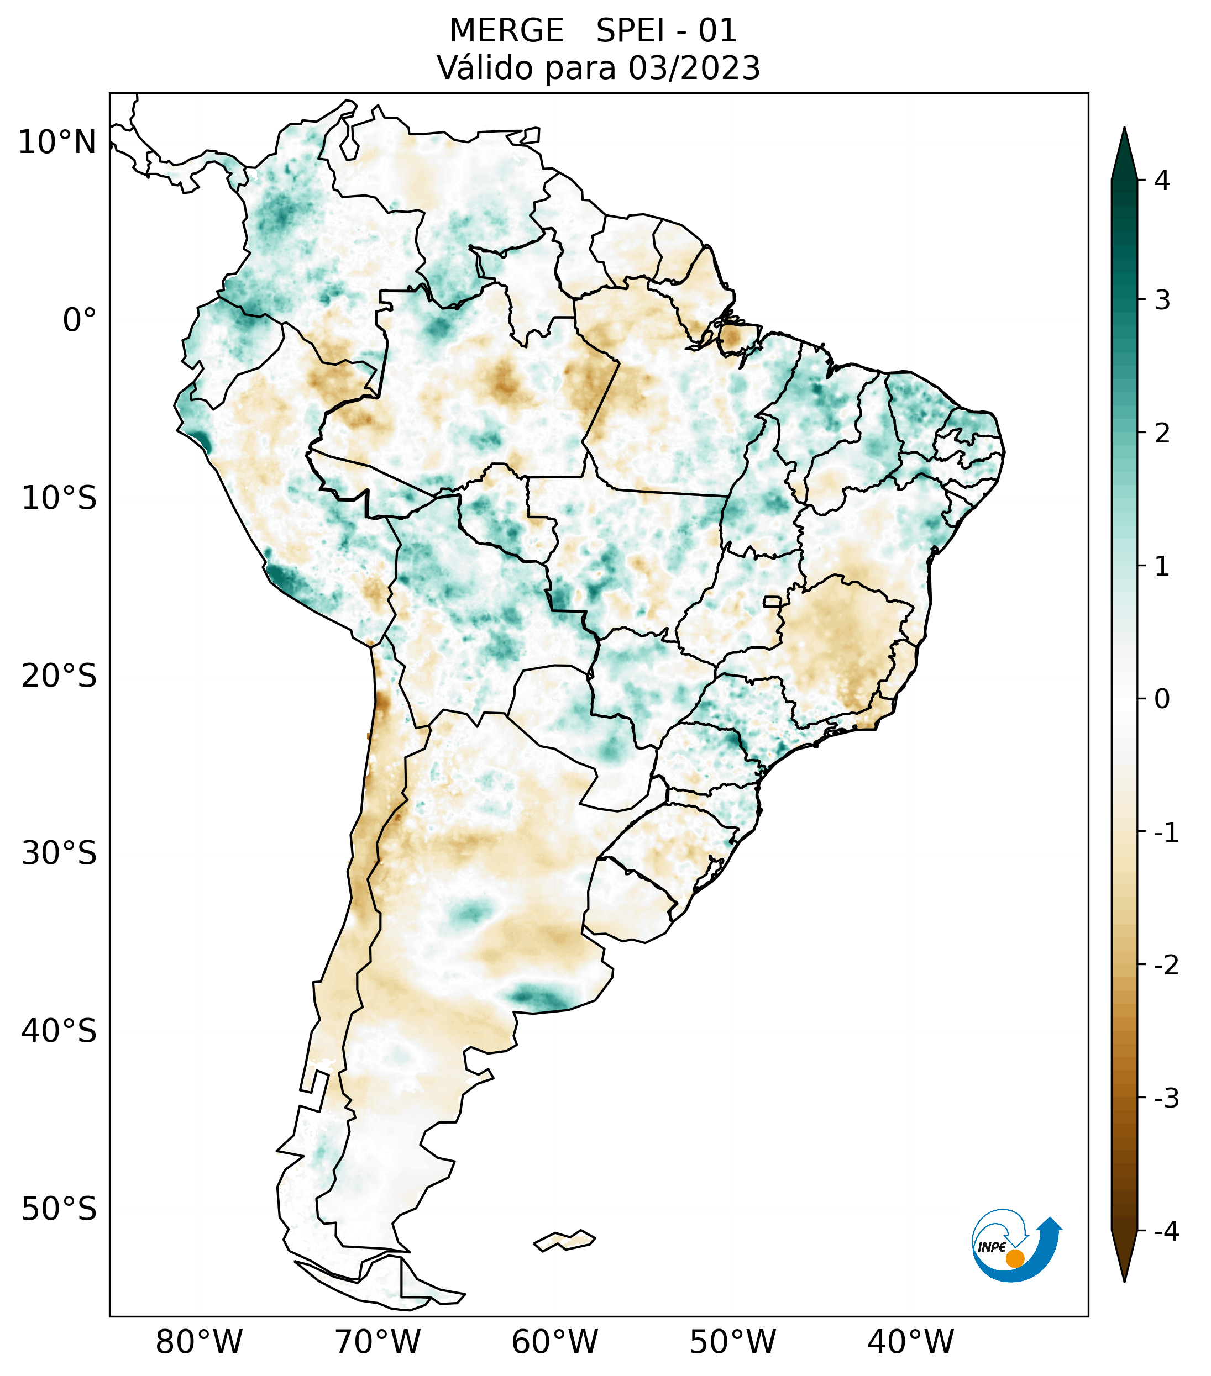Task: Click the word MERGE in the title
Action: tap(506, 31)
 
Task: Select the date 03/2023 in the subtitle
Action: tap(694, 68)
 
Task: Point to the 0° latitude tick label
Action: tap(80, 320)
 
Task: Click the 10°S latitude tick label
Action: tap(59, 499)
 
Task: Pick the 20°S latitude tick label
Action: tap(59, 676)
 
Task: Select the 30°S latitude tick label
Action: tap(59, 853)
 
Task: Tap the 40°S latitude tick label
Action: tap(59, 1031)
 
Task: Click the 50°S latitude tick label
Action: tap(59, 1210)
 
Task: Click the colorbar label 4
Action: tap(1162, 181)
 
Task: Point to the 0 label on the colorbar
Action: tap(1162, 699)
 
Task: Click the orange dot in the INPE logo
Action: tap(1015, 1258)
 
